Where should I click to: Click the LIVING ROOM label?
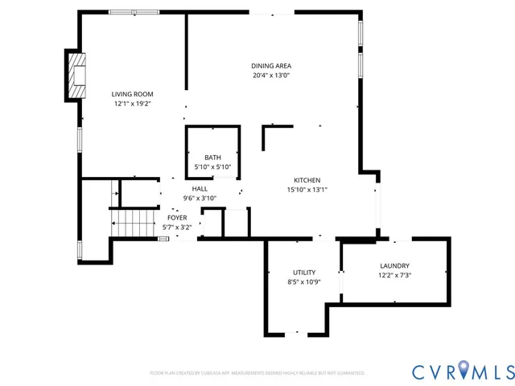pos(132,94)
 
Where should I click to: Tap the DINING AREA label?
pos(270,66)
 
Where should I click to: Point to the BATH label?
pos(212,158)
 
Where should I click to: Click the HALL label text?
pos(200,188)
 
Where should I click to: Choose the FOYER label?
pos(177,218)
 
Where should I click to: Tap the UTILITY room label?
pos(303,273)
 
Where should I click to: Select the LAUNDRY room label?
pos(394,266)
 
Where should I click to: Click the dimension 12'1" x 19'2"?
pos(132,104)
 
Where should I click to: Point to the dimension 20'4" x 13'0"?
pos(270,76)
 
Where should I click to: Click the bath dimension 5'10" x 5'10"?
pos(212,167)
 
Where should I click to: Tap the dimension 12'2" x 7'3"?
pos(394,276)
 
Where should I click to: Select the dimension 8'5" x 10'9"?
pos(303,282)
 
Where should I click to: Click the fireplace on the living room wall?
pos(75,75)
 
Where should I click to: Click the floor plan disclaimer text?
pos(257,373)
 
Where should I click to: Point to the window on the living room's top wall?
pos(134,12)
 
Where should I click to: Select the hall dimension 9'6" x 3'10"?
pos(200,198)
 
